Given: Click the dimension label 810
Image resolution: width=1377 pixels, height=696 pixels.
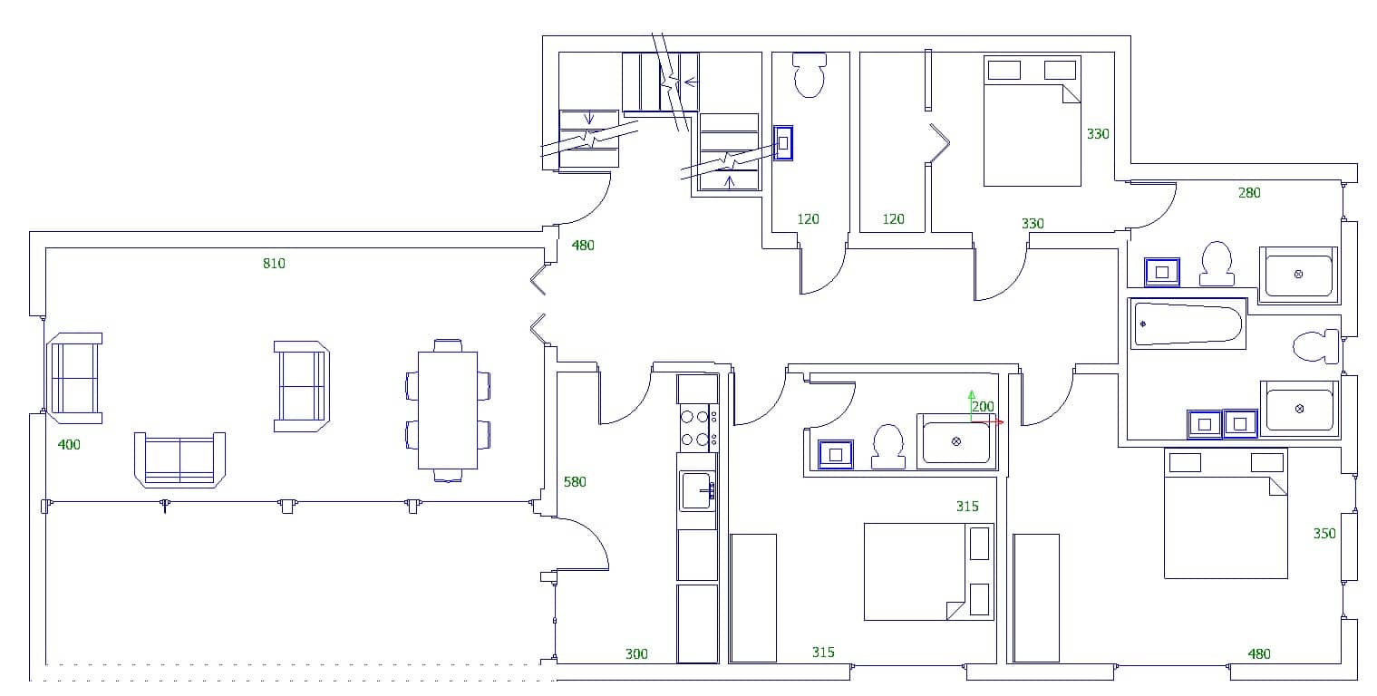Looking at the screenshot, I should (274, 264).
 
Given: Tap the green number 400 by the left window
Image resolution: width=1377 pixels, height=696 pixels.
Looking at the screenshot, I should (69, 445).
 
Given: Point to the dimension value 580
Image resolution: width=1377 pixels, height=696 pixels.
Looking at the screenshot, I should (576, 482).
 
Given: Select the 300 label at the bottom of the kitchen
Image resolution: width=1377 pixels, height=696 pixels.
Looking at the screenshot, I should (636, 654).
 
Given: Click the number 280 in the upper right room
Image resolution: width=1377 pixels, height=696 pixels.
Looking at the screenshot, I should (1249, 193).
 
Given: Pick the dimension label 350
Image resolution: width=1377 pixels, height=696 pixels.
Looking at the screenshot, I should (1324, 534).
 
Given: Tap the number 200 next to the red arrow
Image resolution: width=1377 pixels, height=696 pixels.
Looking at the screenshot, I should (983, 407).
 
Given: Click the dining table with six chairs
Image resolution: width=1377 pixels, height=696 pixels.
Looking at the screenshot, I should (448, 410).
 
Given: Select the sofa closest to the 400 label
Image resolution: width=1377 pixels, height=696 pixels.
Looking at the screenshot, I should (74, 378).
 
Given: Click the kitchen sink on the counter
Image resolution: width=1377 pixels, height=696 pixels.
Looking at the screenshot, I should (696, 490).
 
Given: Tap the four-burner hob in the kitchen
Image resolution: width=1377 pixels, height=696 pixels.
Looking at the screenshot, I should (696, 428).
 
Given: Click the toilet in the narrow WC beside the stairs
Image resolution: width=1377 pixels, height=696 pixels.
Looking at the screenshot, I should (809, 76).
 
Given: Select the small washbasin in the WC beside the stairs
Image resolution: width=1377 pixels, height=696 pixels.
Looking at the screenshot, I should (783, 143).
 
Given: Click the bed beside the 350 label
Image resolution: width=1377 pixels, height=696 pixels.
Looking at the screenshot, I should (1226, 514).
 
